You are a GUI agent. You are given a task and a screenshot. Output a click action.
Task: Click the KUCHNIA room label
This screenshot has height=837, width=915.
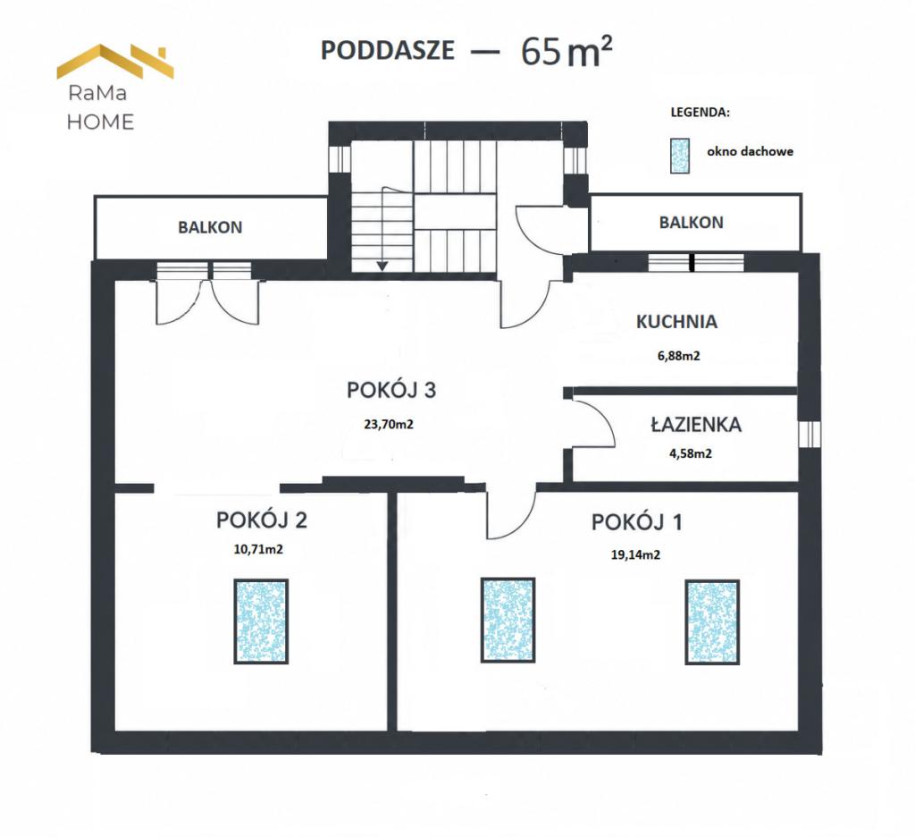click(x=676, y=322)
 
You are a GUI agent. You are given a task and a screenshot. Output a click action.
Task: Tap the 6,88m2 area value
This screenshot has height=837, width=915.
click(x=679, y=356)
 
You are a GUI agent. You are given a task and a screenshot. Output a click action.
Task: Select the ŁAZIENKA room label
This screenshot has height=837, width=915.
click(x=696, y=424)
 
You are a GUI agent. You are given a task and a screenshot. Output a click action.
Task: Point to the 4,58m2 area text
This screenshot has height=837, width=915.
click(x=691, y=453)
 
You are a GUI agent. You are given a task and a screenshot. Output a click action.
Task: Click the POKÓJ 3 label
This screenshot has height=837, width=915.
click(x=391, y=390)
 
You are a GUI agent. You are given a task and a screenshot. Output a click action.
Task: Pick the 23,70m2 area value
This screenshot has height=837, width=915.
click(x=389, y=424)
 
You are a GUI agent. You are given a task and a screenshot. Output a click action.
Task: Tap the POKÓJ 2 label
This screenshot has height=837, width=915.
click(x=262, y=520)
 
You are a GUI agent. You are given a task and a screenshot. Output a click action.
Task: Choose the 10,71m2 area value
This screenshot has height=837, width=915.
click(x=258, y=549)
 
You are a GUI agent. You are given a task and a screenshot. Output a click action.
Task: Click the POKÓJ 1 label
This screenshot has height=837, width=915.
click(x=636, y=521)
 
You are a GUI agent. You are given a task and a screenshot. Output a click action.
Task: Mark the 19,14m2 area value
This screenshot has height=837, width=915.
click(x=635, y=555)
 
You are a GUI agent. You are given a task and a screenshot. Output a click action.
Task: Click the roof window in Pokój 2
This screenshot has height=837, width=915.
click(x=261, y=621)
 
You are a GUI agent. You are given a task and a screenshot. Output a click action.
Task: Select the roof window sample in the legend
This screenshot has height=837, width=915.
click(x=679, y=156)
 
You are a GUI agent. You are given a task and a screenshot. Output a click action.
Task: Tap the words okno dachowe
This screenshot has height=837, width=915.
click(x=750, y=151)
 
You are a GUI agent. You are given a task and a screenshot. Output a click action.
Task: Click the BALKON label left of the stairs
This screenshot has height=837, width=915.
click(x=210, y=227)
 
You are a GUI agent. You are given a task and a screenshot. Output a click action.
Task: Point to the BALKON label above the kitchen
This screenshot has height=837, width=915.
click(x=691, y=223)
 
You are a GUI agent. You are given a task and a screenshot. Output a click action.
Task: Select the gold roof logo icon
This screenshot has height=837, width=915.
click(x=115, y=62)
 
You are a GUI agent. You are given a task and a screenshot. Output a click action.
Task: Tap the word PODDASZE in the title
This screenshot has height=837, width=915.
click(x=388, y=50)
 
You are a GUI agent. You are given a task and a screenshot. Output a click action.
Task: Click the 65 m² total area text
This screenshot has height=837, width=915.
click(x=567, y=51)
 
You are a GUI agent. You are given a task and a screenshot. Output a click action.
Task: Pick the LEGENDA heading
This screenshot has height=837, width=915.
click(x=700, y=113)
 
